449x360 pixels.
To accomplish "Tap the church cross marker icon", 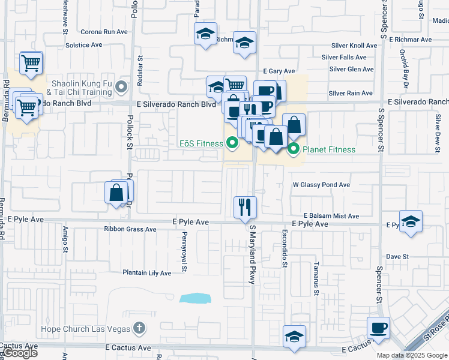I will tap(139, 328).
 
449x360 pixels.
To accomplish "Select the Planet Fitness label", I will tap(329, 149).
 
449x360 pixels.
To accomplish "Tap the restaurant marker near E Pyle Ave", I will tap(244, 207).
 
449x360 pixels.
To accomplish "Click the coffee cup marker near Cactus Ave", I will tap(379, 328).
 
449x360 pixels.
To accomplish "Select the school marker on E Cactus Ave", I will tap(295, 337).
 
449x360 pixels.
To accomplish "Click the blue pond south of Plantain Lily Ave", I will tap(196, 298).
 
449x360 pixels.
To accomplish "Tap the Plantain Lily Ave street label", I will tap(147, 273).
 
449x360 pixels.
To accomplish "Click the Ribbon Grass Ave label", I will tap(130, 229).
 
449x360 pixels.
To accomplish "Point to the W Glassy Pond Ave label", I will tap(321, 185).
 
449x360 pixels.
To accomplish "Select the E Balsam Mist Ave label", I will tap(331, 216).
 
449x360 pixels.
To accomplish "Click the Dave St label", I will tap(397, 256).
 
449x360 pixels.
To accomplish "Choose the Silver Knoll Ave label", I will tap(355, 46).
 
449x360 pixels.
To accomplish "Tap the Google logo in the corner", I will tap(20, 353).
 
